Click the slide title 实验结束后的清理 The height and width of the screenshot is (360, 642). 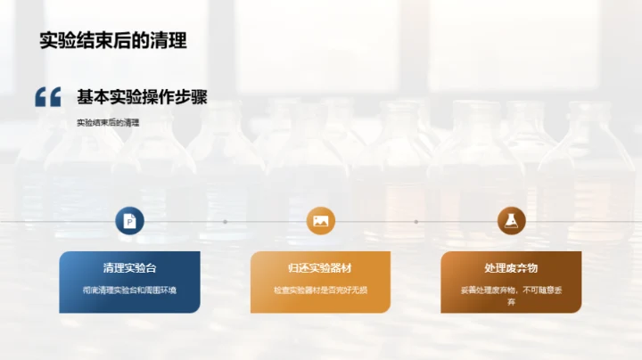tap(112, 41)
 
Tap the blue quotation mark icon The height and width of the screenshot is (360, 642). tap(47, 97)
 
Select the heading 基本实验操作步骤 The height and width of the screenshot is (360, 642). tap(142, 97)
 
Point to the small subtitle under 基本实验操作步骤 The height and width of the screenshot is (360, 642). tap(109, 123)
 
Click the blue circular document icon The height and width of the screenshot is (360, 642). tap(129, 221)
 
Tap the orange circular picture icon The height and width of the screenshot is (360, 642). tap(320, 221)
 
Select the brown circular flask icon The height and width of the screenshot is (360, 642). tap(511, 221)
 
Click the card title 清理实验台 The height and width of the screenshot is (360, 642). tap(129, 268)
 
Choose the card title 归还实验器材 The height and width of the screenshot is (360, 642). tap(320, 268)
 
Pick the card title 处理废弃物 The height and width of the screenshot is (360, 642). tap(511, 268)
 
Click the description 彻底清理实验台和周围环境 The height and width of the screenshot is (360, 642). tap(129, 290)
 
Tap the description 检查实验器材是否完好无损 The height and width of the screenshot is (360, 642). tap(320, 290)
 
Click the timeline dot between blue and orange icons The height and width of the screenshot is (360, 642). tap(225, 221)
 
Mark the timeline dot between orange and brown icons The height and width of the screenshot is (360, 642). tap(416, 221)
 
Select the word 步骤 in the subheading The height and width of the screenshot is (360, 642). tap(191, 97)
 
